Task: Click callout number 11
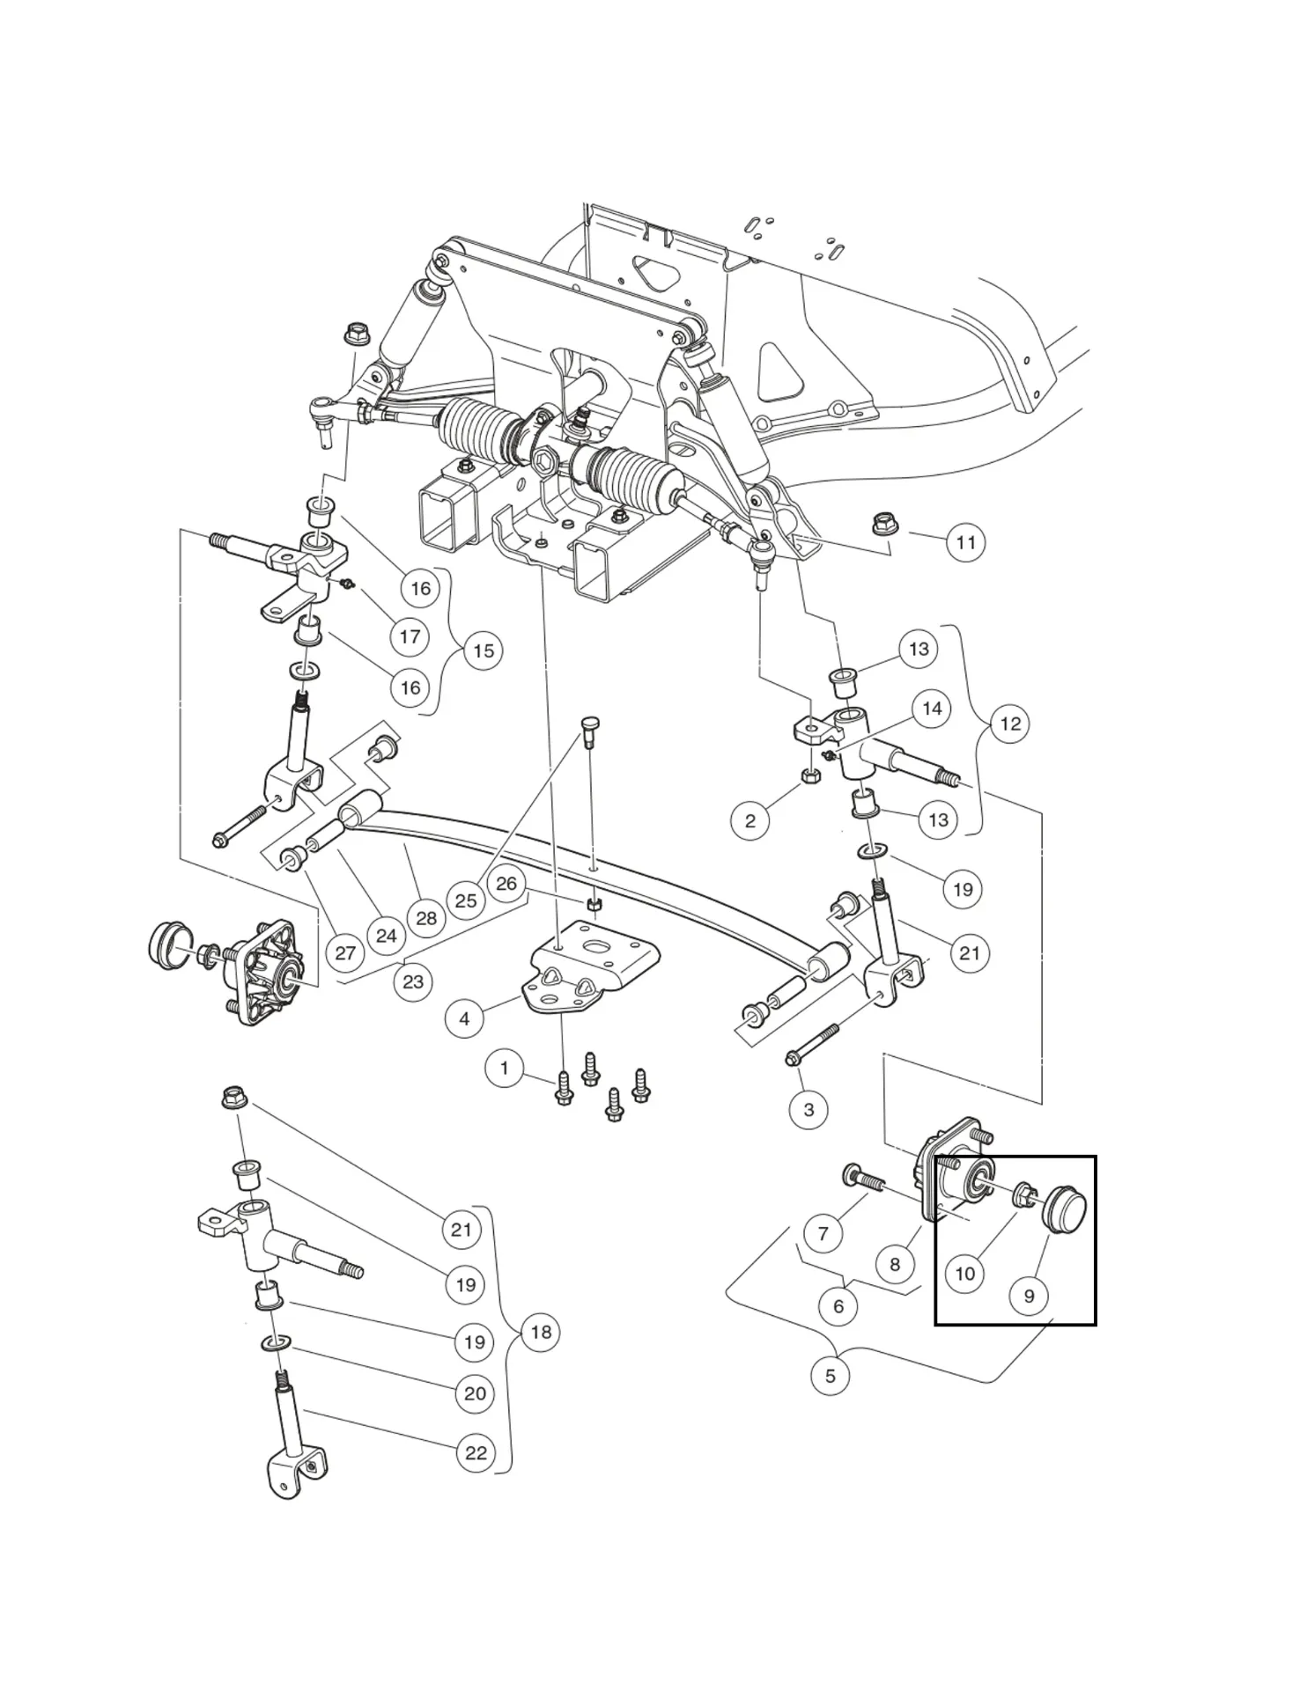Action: click(965, 542)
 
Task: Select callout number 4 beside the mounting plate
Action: click(464, 1019)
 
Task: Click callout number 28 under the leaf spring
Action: click(426, 918)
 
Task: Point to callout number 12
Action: click(1010, 724)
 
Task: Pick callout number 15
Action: click(484, 650)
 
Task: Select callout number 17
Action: click(410, 636)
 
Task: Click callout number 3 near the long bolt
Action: click(809, 1109)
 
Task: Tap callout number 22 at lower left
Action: click(476, 1452)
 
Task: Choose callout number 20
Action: click(475, 1393)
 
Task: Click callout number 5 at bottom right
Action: click(830, 1375)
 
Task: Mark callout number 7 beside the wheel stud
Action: click(823, 1233)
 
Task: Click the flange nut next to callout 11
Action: click(882, 525)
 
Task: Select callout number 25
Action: click(466, 900)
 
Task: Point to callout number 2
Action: click(749, 820)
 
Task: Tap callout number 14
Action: click(932, 709)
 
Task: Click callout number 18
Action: click(541, 1332)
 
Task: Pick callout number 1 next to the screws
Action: click(504, 1069)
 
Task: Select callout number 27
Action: click(345, 952)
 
